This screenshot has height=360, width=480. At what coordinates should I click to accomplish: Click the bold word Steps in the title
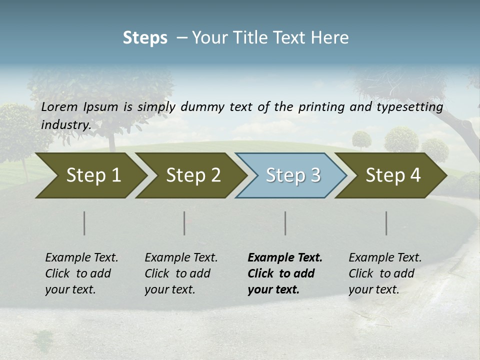click(145, 38)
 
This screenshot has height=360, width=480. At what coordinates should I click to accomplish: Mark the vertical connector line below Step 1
click(84, 223)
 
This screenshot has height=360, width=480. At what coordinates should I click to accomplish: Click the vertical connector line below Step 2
click(184, 223)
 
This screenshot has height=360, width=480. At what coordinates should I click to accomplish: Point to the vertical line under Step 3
click(285, 223)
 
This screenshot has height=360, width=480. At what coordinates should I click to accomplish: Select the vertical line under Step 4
click(386, 223)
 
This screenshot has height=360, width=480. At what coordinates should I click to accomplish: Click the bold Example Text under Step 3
click(285, 257)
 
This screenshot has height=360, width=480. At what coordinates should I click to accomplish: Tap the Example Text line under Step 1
click(81, 257)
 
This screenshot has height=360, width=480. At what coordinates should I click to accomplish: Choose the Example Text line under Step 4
click(385, 257)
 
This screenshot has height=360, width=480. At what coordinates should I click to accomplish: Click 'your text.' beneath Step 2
click(169, 289)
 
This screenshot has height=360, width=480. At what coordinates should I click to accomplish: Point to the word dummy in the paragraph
click(202, 106)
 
